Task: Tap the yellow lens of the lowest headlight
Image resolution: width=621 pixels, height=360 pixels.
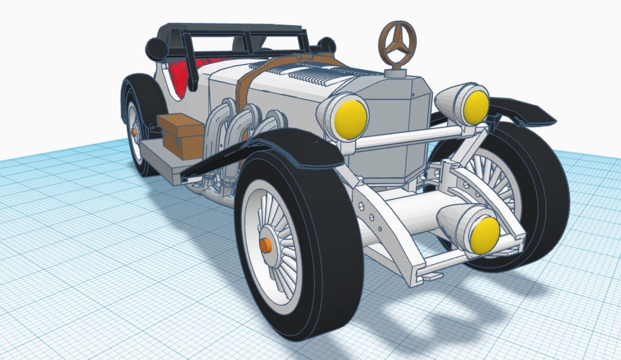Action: [x=485, y=235]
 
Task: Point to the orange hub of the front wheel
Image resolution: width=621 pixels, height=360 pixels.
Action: [x=266, y=245]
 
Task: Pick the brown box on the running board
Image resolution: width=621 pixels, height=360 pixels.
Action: [x=182, y=136]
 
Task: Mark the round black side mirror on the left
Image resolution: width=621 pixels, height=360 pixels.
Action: [x=156, y=49]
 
